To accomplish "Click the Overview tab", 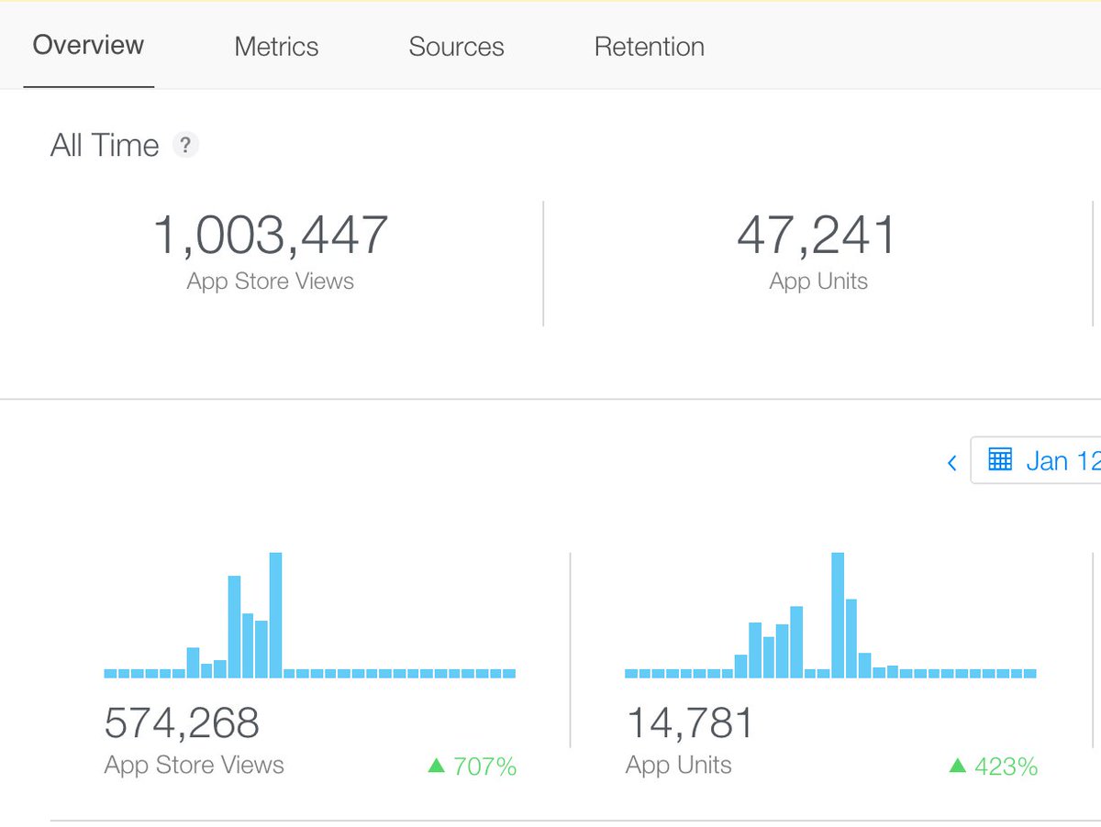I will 88,46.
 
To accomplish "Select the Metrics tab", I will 276,47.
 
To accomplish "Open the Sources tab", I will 456,47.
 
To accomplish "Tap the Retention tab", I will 649,47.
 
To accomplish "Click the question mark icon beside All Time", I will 186,145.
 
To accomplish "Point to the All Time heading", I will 105,146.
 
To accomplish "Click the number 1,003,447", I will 271,235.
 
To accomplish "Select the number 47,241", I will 817,235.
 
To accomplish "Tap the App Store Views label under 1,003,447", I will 271,281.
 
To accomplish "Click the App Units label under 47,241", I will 817,281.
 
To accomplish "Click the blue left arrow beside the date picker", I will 951,462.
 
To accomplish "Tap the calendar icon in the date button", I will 1000,459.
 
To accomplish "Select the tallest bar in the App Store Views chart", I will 275,614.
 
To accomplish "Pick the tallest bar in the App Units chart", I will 838,614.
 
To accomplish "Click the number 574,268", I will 182,723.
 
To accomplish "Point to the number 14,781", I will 690,723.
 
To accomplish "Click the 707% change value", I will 485,766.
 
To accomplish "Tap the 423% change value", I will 1006,766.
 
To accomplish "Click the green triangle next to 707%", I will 436,766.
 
